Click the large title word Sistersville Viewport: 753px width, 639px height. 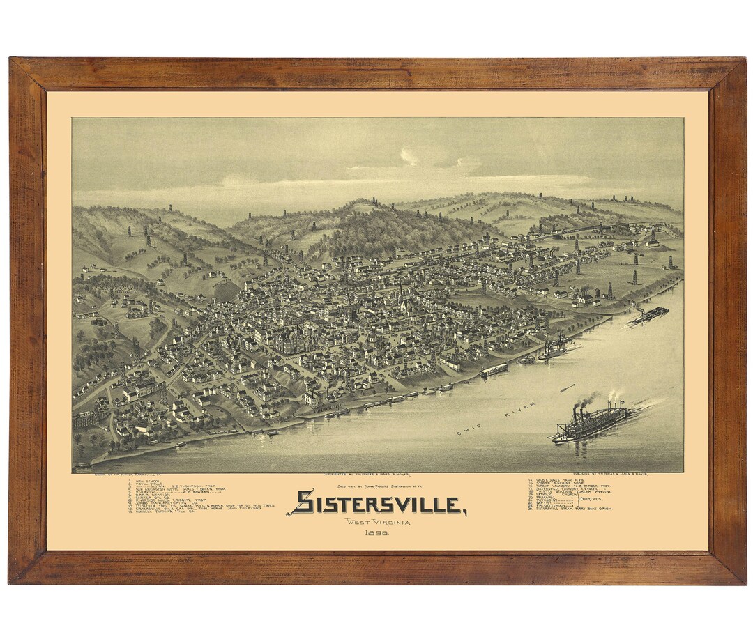(376, 502)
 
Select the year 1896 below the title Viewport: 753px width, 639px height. (376, 533)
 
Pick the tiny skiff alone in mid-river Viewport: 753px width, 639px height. (568, 387)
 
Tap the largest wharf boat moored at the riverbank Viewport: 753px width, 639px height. (494, 369)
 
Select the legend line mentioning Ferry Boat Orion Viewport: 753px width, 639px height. (572, 508)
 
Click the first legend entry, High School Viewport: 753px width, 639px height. (146, 481)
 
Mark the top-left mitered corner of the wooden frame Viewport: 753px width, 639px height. (28, 74)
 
